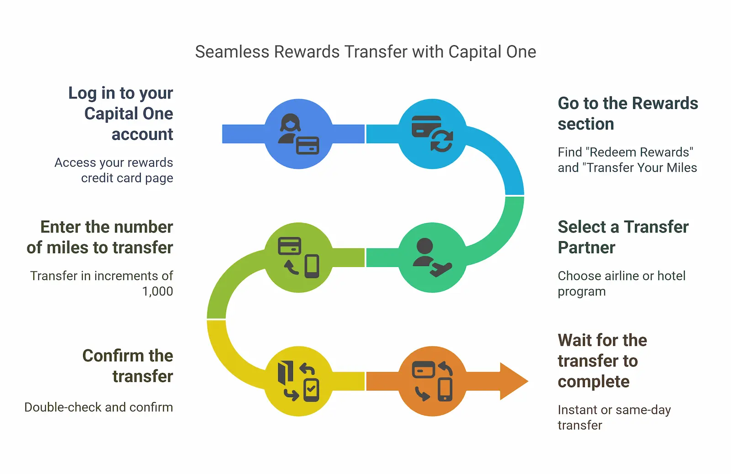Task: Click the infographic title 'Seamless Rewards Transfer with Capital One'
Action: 365,52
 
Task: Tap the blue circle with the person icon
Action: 299,134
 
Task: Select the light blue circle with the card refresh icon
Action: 433,134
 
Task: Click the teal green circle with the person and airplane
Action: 433,257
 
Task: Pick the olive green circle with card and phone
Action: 299,257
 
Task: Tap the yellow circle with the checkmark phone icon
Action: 299,381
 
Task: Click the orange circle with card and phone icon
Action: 433,381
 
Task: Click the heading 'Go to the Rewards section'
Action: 628,113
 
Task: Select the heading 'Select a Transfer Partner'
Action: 623,237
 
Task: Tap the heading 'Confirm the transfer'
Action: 128,366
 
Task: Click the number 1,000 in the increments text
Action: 158,292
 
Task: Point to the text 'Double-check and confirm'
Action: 99,407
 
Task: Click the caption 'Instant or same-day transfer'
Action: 614,417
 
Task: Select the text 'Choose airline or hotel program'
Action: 621,283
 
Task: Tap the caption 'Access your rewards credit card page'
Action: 114,170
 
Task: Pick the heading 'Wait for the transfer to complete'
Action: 602,361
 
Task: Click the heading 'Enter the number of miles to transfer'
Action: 100,237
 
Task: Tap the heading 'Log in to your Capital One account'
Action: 121,113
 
